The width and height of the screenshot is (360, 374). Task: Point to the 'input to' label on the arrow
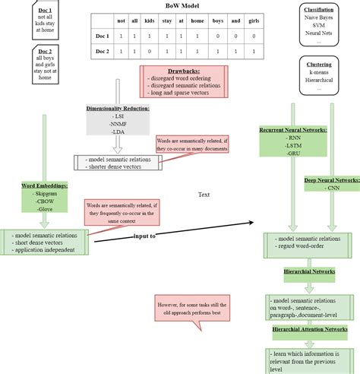tap(145, 236)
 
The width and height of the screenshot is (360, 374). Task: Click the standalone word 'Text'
tap(204, 195)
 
